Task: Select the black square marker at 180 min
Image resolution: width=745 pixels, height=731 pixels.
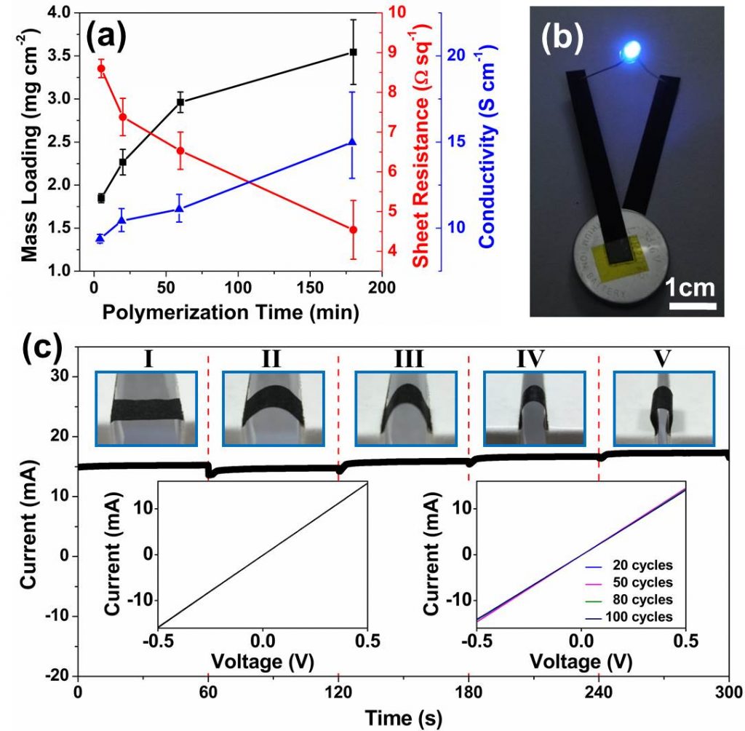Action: [354, 52]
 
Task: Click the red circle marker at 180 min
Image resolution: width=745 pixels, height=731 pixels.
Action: [354, 229]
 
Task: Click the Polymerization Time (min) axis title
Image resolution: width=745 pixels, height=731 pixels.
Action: [230, 314]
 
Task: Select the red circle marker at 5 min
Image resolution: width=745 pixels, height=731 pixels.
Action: [101, 68]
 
